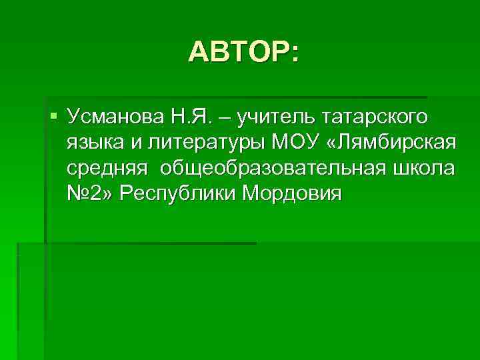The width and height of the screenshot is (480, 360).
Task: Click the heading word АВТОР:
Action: pos(243,51)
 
